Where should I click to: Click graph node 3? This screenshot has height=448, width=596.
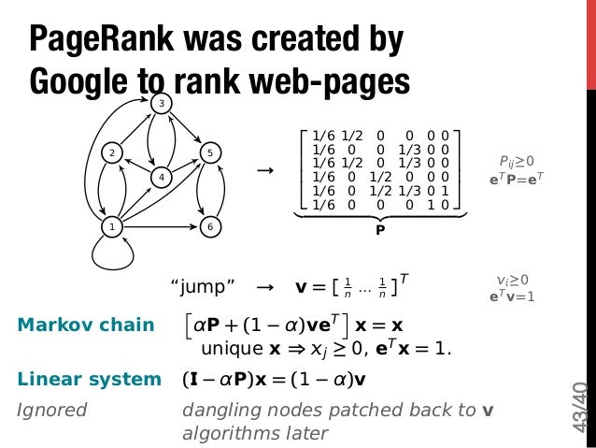tap(162, 103)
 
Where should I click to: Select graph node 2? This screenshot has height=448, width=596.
tap(112, 152)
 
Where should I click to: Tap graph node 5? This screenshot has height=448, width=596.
tap(211, 152)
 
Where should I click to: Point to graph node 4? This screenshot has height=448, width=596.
tap(162, 177)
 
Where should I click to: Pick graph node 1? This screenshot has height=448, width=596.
tap(112, 226)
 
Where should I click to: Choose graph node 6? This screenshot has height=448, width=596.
tap(211, 226)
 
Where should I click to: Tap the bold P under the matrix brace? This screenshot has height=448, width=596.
tap(379, 225)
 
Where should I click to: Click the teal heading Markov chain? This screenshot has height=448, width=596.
tap(86, 325)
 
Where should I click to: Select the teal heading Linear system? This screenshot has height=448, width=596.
tap(90, 380)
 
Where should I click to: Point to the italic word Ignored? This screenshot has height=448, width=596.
tap(52, 410)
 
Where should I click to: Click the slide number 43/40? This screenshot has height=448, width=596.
tap(579, 407)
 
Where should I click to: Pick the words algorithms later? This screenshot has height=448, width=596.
tap(255, 433)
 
